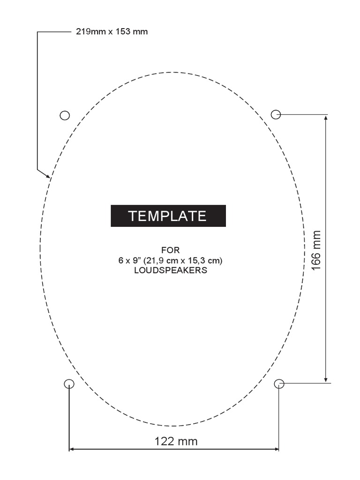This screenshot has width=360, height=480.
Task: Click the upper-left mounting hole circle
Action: point(65,115)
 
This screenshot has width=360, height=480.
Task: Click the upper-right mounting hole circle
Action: point(276,114)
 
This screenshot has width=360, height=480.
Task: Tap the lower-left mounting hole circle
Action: point(69,384)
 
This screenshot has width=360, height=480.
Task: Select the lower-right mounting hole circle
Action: point(279,384)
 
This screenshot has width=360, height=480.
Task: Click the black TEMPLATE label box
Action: point(168,216)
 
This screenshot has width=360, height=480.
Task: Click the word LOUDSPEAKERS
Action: point(170,270)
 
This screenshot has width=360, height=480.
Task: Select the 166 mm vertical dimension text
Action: point(316,249)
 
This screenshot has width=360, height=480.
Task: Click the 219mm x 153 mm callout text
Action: point(112,32)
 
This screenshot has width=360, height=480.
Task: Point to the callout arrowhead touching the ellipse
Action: point(48,176)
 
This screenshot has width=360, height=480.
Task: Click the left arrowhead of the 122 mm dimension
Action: point(72,449)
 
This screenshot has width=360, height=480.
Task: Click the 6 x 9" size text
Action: point(131,260)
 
